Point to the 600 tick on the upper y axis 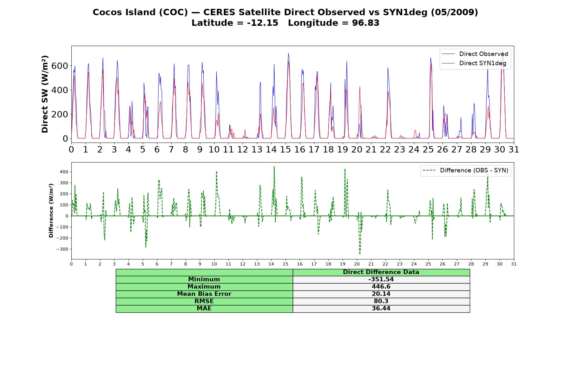click(x=60, y=66)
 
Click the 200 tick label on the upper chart click(x=60, y=114)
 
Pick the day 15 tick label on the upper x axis click(x=285, y=150)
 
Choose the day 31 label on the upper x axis click(x=514, y=150)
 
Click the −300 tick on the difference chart click(x=62, y=249)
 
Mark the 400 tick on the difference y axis click(x=64, y=172)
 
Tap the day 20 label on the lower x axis click(x=357, y=264)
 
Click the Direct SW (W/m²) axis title click(x=45, y=94)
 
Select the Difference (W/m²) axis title click(x=51, y=211)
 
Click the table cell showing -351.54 click(x=381, y=279)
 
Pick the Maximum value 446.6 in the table click(x=381, y=287)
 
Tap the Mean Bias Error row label click(x=204, y=294)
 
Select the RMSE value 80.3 click(x=381, y=301)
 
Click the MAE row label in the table click(x=204, y=309)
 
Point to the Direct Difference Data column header click(x=381, y=272)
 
